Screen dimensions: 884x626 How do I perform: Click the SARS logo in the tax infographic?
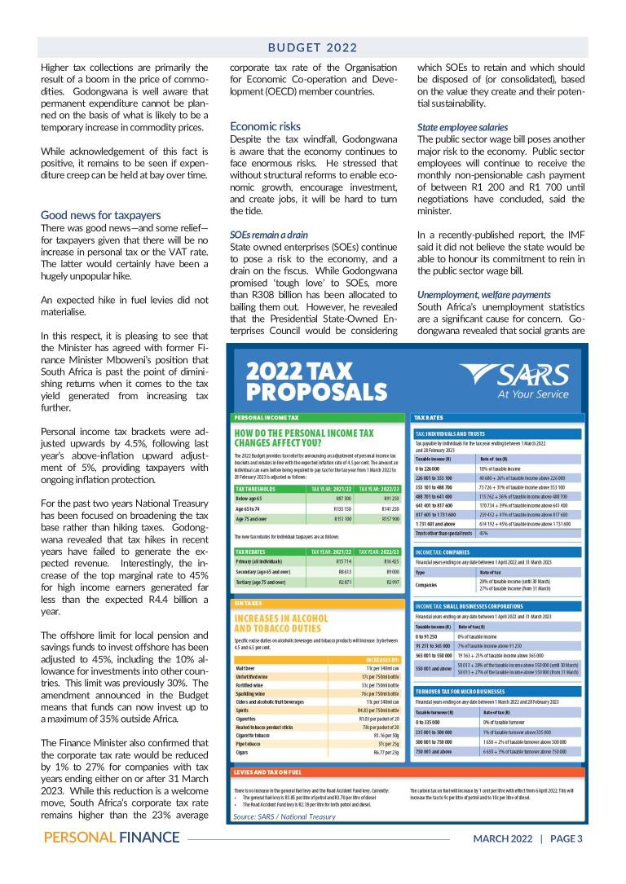coord(515,380)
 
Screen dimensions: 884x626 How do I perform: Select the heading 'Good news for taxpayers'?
coord(101,215)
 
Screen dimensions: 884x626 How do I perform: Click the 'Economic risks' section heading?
coord(265,126)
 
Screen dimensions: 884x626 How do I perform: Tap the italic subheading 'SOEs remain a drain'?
coord(269,234)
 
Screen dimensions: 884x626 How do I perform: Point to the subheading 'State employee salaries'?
coord(462,127)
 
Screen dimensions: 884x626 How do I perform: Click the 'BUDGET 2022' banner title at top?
coord(314,48)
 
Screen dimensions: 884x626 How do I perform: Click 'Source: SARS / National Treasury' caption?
coord(284,816)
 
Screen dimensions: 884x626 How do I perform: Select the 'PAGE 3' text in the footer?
coord(566,838)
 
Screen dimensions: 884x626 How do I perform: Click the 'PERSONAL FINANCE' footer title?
coord(112,838)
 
